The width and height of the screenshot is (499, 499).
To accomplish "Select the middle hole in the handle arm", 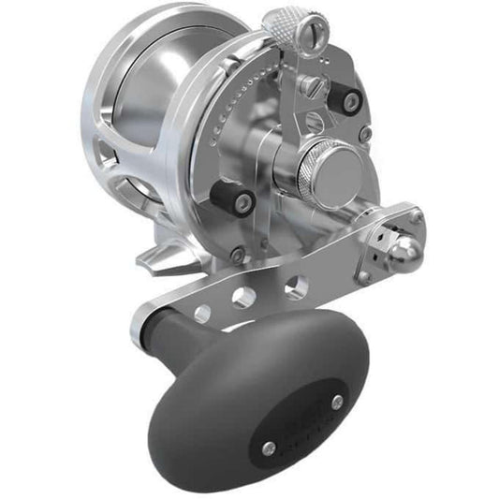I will [243, 299].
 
